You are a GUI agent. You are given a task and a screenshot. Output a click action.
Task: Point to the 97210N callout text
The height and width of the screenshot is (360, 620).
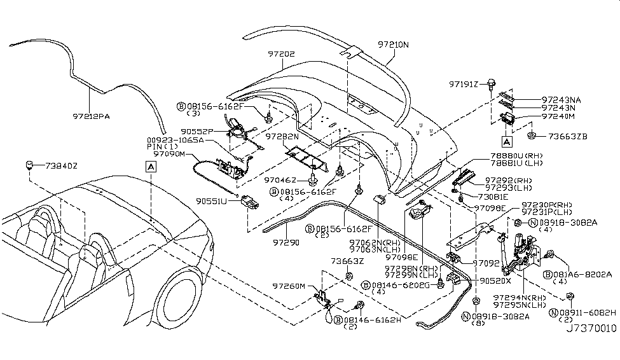(x=394, y=45)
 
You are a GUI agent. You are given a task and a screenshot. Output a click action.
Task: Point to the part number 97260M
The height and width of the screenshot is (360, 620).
(x=289, y=287)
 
